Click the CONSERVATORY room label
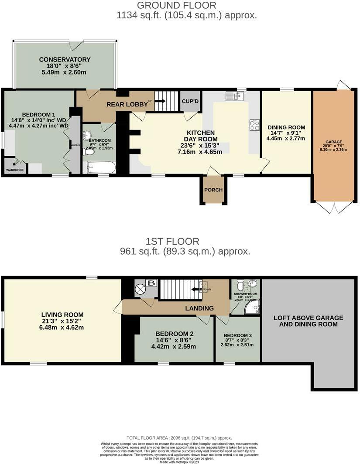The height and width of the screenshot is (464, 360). click(x=65, y=59)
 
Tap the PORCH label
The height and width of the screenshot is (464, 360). click(x=213, y=190)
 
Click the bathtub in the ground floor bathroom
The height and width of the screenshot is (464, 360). click(x=101, y=167)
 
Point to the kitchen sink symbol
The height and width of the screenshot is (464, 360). click(x=236, y=96)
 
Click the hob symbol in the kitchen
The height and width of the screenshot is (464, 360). click(x=254, y=125)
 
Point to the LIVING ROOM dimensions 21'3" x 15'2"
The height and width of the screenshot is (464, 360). click(x=62, y=321)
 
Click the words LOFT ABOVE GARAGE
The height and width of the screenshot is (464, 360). click(x=308, y=317)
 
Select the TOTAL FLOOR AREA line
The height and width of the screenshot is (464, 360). click(x=179, y=438)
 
